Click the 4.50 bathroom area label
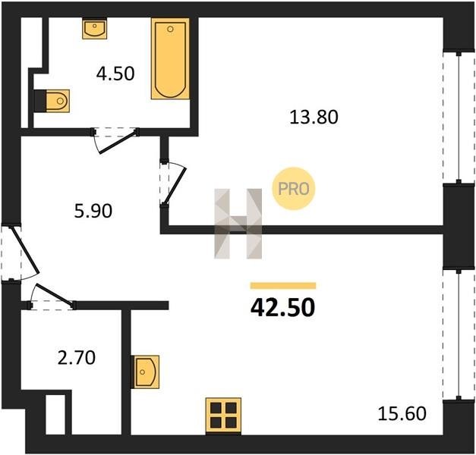[115, 74]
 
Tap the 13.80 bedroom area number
[314, 117]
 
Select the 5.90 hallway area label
[93, 211]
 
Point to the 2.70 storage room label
[77, 357]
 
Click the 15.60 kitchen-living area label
[402, 413]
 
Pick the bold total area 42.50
[283, 308]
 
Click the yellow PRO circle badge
[294, 189]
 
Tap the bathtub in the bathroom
[170, 58]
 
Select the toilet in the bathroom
[58, 101]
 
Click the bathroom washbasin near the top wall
[94, 29]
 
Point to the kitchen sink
[145, 372]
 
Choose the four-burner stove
[223, 415]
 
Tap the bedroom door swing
[172, 184]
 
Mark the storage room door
[52, 297]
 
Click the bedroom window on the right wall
[459, 118]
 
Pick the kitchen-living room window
[459, 334]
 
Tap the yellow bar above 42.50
[283, 286]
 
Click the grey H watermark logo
[238, 224]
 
